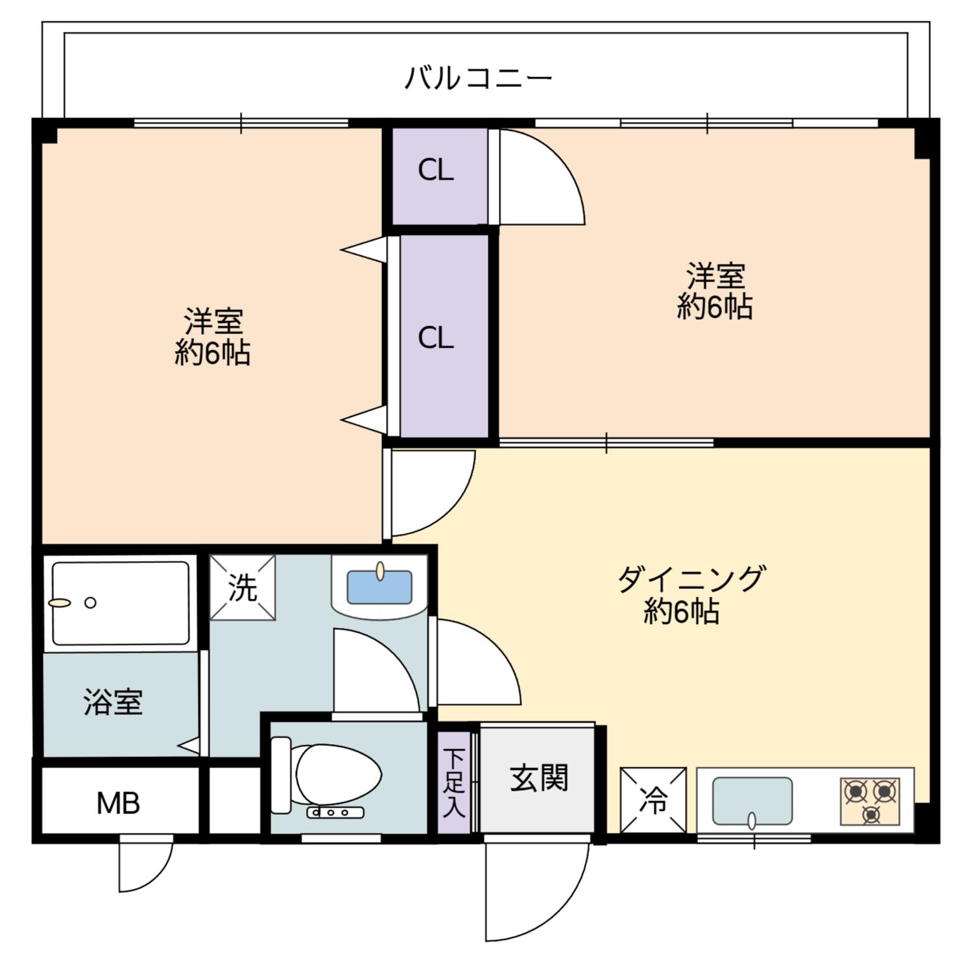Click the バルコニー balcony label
479,78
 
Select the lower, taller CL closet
444,336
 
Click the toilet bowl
337,775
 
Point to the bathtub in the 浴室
121,603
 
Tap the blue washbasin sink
379,586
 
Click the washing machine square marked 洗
243,588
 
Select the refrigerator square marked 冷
653,800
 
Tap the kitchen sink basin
752,802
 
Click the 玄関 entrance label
539,778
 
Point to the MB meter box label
119,804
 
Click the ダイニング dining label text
691,578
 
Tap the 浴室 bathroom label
113,702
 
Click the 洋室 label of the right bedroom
715,276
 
